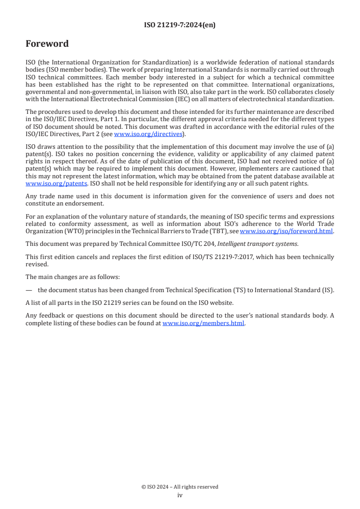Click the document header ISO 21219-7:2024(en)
180,25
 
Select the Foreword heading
47,44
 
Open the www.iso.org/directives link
148,134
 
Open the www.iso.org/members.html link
203,323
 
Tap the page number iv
180,495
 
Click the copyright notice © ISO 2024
157,487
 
